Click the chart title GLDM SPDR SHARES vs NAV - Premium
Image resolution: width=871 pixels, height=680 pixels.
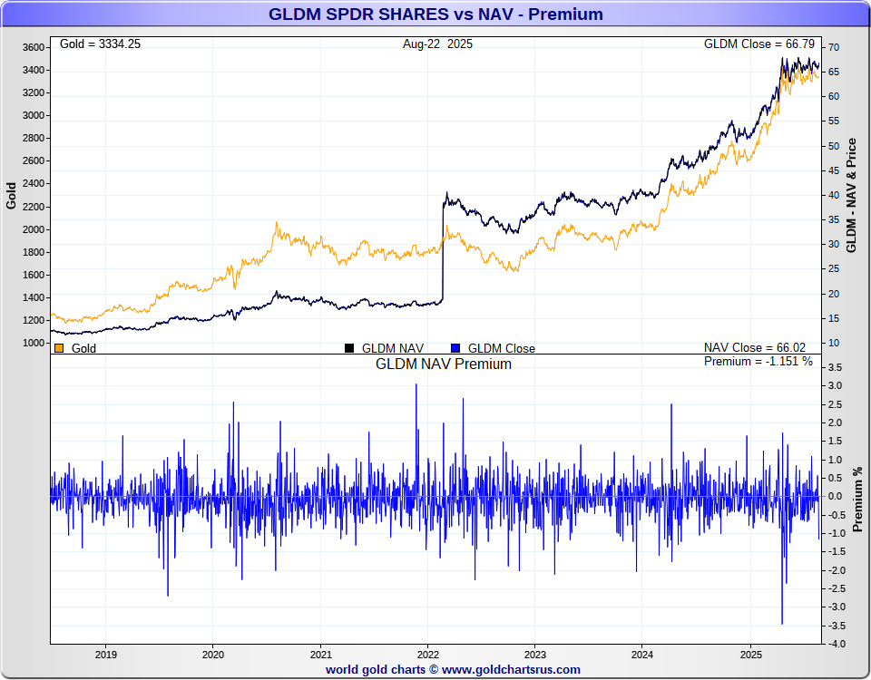point(435,15)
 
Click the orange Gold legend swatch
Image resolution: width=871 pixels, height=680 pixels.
point(59,348)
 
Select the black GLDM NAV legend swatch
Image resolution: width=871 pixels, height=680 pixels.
point(349,348)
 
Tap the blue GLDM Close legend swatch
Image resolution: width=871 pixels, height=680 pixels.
point(455,348)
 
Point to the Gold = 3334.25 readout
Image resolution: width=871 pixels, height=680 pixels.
point(100,44)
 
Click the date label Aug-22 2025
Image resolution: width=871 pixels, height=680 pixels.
point(437,44)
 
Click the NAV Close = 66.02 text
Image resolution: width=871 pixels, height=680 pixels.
point(755,347)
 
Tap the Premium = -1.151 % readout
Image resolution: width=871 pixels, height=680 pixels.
point(758,362)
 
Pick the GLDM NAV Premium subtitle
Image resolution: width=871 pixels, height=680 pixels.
point(444,364)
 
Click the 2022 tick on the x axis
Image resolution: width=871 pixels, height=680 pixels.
point(427,654)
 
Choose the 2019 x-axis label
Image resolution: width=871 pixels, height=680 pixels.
point(105,654)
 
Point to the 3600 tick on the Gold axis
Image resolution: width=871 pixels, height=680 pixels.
point(34,47)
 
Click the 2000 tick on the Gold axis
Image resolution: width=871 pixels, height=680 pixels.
point(34,229)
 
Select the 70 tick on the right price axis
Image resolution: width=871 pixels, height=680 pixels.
point(833,47)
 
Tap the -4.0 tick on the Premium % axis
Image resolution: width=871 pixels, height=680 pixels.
point(836,644)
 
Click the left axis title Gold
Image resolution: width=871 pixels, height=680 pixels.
point(12,196)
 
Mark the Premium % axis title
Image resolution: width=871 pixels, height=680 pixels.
point(856,499)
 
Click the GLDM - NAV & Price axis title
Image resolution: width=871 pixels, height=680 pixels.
point(851,196)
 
